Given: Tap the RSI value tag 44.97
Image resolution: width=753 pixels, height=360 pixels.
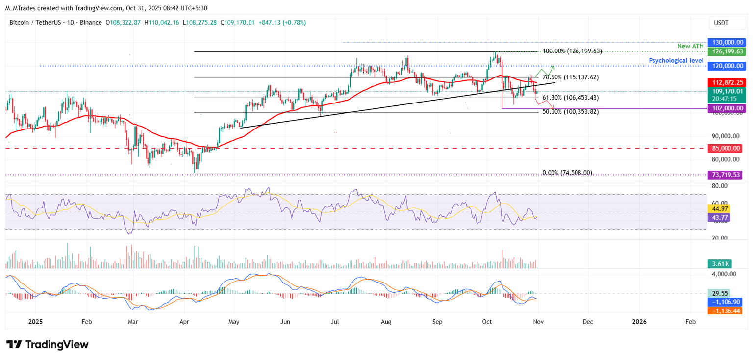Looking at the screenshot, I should pos(719,208).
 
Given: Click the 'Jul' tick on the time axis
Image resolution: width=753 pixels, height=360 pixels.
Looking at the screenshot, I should pos(335,322).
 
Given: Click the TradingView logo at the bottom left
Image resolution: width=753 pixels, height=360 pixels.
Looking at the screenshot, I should pos(48,345).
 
